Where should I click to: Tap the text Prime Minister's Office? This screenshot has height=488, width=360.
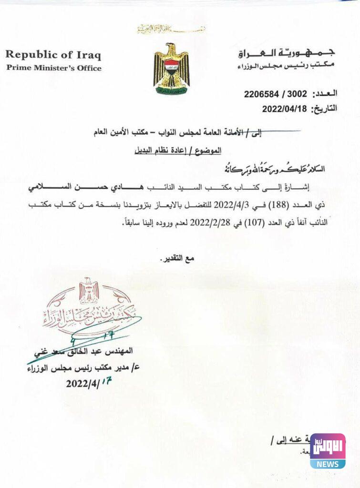point(54,68)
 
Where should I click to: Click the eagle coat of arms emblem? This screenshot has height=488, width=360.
point(171,69)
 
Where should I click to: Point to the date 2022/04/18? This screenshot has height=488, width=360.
point(284,109)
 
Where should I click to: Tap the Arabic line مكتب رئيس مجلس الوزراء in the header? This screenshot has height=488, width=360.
point(287,65)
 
